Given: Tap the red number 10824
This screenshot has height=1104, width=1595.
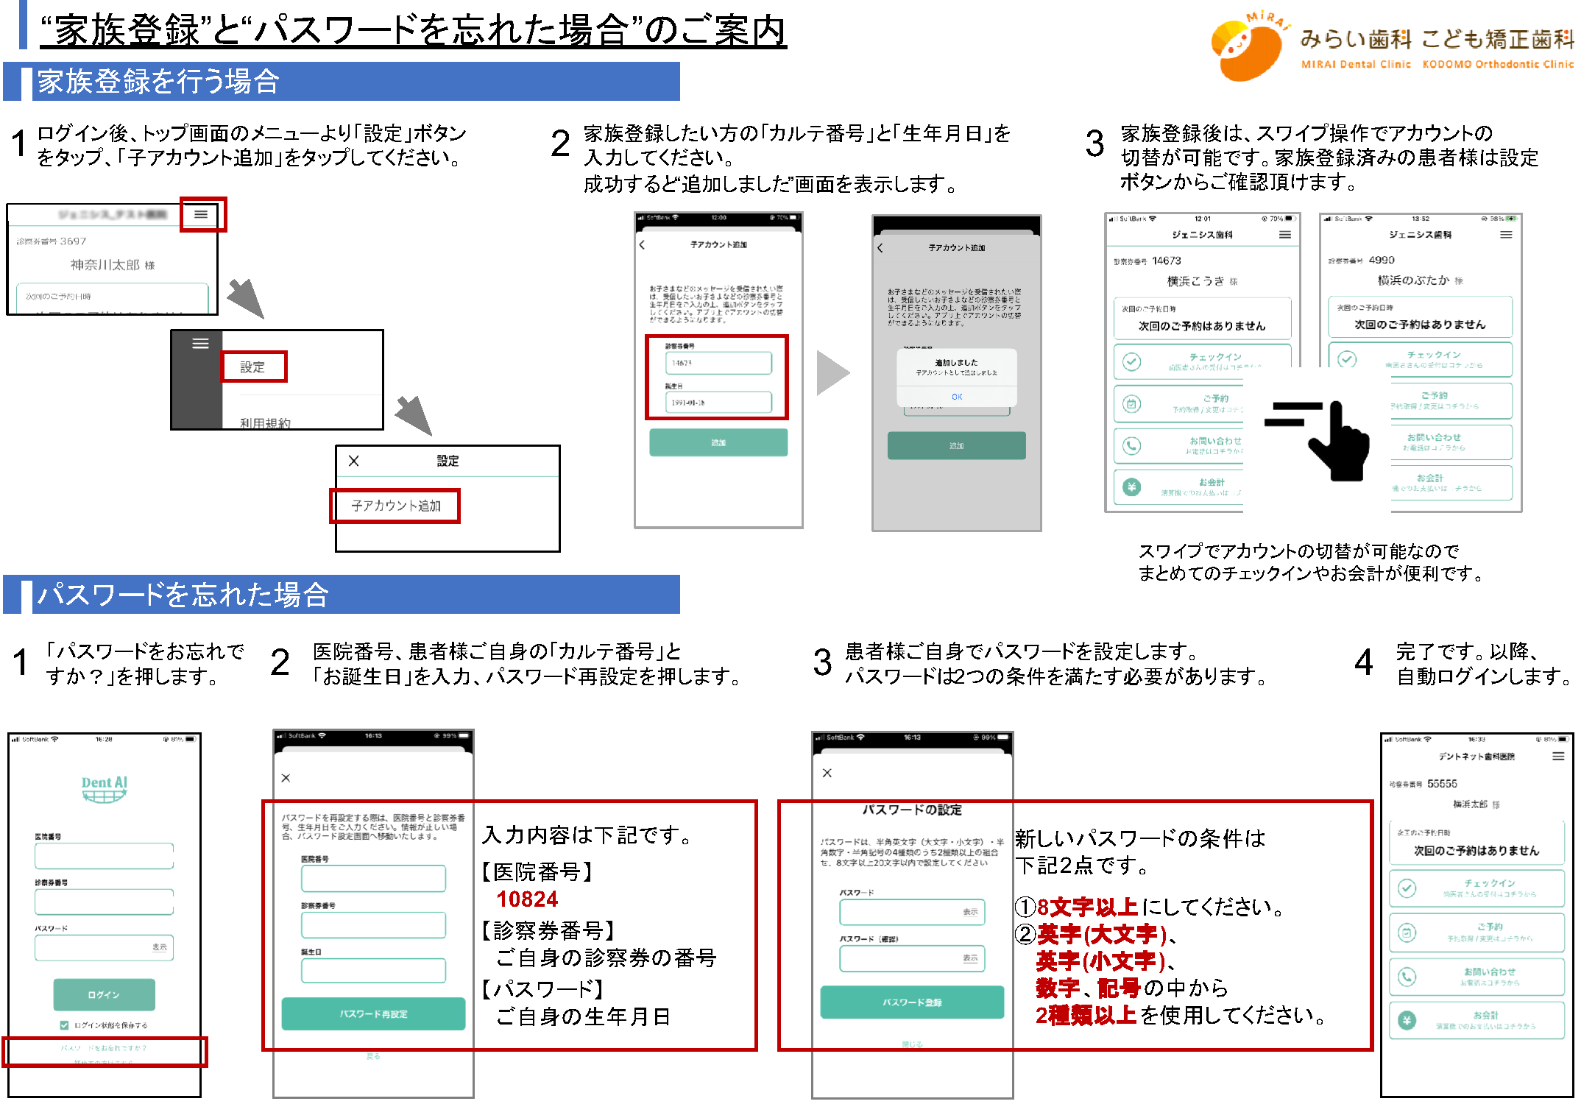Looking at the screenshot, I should click(527, 899).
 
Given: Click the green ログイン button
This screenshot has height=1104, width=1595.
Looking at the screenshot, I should click(104, 994).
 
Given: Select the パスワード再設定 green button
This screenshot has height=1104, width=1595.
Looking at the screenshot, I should click(373, 1013).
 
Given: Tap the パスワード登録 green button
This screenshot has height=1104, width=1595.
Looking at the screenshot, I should click(912, 1002).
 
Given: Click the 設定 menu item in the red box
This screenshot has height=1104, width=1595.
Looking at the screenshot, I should click(252, 367).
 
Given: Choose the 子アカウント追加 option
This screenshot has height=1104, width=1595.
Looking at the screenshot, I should click(395, 506).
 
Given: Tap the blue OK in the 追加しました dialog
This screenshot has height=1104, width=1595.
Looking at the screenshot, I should click(956, 397).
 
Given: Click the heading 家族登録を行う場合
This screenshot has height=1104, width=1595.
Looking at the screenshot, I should click(158, 82).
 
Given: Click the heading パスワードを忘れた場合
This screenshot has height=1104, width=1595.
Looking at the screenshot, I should click(183, 595).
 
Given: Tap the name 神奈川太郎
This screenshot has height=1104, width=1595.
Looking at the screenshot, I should click(105, 264).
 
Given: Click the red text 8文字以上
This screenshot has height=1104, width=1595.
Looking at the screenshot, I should click(1086, 907).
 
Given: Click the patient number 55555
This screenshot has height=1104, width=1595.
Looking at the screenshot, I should click(1442, 784).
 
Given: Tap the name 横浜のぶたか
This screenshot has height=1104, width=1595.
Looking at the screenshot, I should click(1413, 280).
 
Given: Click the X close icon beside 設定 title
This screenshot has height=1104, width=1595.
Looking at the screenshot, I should click(354, 461).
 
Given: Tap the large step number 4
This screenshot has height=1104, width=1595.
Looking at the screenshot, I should click(1363, 662).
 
